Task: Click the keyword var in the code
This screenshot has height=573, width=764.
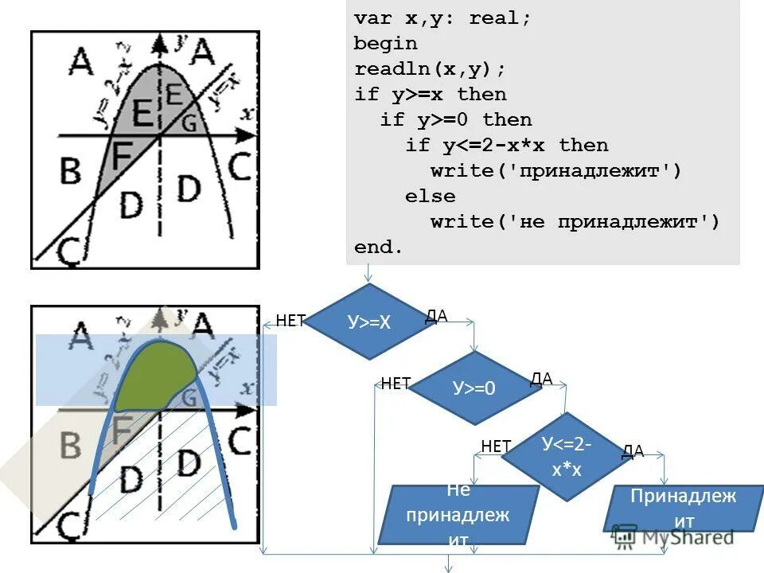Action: (x=372, y=18)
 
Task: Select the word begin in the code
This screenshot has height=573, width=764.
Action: (x=385, y=43)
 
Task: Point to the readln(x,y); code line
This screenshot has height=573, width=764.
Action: (x=430, y=68)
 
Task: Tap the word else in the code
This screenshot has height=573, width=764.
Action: (x=430, y=196)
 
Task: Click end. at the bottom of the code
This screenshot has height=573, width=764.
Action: (x=379, y=247)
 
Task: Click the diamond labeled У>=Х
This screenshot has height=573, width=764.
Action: (x=368, y=322)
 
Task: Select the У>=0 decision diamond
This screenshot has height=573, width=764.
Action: (x=474, y=388)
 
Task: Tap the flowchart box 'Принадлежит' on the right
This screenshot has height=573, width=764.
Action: (x=683, y=509)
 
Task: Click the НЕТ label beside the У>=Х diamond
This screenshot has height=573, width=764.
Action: (x=290, y=321)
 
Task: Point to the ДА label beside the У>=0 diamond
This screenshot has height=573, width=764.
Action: (x=541, y=379)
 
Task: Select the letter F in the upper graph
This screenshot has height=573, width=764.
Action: (x=120, y=156)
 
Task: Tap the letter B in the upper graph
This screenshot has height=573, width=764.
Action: (x=71, y=170)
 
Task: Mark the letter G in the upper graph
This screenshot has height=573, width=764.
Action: (x=189, y=123)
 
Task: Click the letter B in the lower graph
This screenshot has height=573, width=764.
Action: (x=70, y=444)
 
